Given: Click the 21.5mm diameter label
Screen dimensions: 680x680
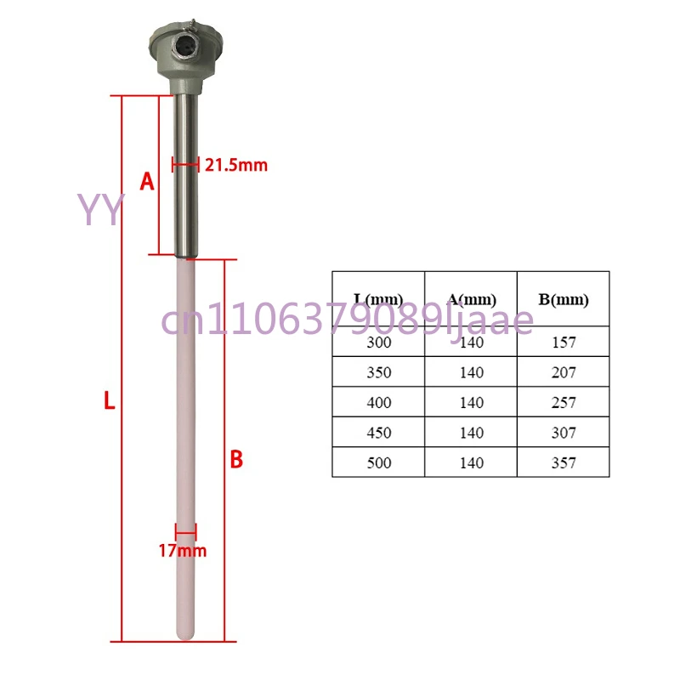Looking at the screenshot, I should (x=235, y=165).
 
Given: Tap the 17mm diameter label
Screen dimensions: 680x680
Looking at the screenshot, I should (x=182, y=551).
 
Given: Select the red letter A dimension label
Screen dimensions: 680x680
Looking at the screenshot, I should (x=147, y=181).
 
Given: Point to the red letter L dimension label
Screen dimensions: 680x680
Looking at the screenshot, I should (x=109, y=402).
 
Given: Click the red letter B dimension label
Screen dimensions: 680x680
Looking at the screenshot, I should (x=237, y=460).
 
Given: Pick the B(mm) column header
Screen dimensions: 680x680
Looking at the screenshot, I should (x=563, y=299).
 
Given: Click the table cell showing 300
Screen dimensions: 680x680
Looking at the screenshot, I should (x=378, y=343).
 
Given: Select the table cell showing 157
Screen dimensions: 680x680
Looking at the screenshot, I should (x=563, y=343).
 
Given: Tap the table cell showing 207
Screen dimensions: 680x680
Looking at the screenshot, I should (x=563, y=372).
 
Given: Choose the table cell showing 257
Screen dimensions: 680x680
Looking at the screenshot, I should (x=563, y=402).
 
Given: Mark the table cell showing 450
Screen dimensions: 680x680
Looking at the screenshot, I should (x=378, y=433).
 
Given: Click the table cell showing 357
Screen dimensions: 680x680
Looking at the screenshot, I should (x=563, y=462).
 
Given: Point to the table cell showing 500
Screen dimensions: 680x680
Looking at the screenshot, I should (x=378, y=462).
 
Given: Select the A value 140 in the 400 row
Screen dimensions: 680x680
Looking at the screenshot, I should (x=470, y=402).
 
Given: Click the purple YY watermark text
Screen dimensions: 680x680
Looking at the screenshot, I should (x=101, y=209).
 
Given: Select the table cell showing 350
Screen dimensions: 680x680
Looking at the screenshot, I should (x=378, y=372).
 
